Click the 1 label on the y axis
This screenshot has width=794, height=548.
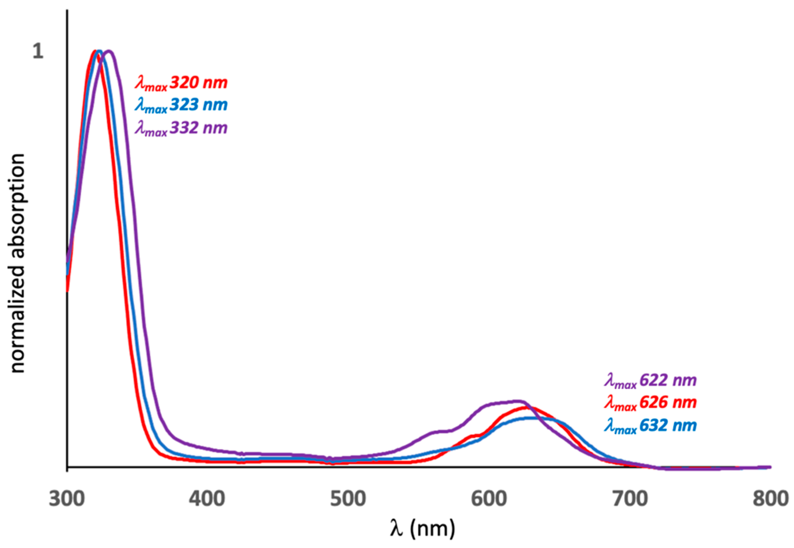coord(38,52)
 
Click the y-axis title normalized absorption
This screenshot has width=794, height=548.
coord(18,264)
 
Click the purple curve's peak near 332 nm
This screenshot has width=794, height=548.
coord(110,52)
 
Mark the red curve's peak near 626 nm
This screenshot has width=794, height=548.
coord(526,407)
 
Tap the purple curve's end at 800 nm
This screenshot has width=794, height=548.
coord(770,467)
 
